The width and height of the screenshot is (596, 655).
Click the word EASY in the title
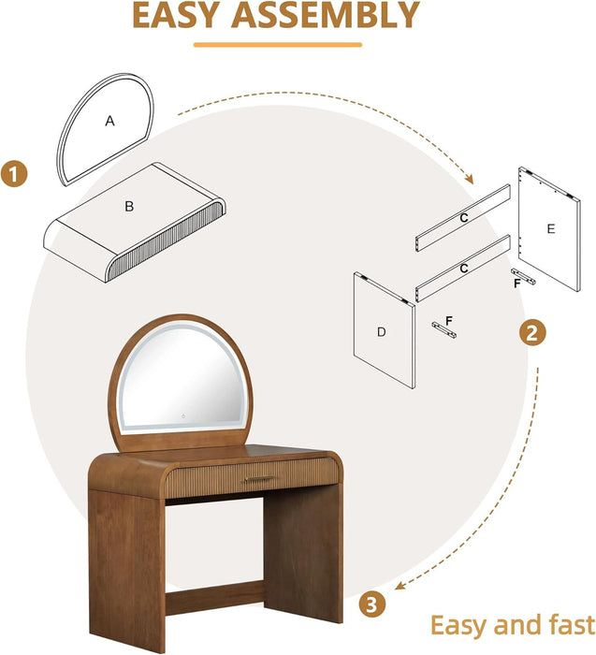click(176, 15)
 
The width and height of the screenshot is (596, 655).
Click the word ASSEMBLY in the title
click(326, 15)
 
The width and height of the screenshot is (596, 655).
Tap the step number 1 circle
click(14, 174)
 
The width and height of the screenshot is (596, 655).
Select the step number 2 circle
click(532, 333)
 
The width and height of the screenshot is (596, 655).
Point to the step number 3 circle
click(371, 604)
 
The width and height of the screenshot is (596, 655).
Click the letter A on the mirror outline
click(109, 121)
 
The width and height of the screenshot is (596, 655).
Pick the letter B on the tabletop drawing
click(129, 207)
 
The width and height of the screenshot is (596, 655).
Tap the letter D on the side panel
click(382, 332)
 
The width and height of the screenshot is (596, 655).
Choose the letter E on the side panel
click(551, 229)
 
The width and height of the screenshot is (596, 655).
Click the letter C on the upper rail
click(464, 218)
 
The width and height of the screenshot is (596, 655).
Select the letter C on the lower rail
click(463, 268)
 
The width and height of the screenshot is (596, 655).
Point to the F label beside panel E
click(517, 284)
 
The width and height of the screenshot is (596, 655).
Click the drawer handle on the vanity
click(259, 478)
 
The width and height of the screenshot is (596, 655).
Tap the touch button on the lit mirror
click(183, 416)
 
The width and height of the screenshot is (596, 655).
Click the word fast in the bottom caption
click(572, 626)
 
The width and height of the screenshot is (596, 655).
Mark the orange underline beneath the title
click(278, 45)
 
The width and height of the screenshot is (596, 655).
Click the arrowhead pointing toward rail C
click(470, 180)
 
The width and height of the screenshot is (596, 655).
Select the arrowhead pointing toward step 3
click(400, 586)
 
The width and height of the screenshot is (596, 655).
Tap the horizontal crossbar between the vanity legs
click(214, 597)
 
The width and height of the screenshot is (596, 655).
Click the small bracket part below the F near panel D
click(444, 329)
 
